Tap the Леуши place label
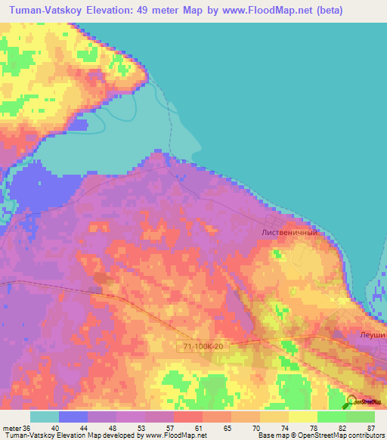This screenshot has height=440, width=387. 373,333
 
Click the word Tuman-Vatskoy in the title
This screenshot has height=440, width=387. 48,11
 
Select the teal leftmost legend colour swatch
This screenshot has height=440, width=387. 45,417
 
